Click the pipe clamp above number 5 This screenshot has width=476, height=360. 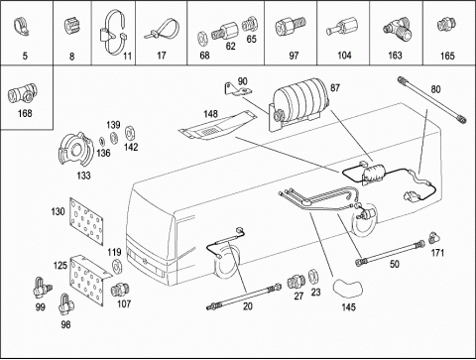[x=22, y=27]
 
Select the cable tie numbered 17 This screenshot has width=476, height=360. [x=162, y=31]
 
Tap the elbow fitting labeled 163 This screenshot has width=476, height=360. [x=398, y=30]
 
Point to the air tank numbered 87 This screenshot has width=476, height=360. [x=299, y=100]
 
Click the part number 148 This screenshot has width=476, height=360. [x=210, y=114]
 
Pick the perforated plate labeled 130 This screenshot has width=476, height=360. [x=86, y=222]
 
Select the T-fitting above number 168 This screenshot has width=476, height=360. [x=23, y=94]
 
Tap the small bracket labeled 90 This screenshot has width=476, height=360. [x=237, y=90]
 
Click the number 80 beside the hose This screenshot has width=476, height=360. [x=435, y=89]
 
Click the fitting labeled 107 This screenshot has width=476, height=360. [x=119, y=290]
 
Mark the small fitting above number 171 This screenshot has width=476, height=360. [x=434, y=238]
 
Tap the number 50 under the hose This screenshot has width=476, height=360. [x=395, y=264]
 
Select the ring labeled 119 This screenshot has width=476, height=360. [x=117, y=267]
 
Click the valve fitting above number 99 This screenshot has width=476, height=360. [x=42, y=288]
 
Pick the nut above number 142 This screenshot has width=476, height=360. [x=130, y=134]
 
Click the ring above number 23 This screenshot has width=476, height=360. [x=313, y=277]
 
